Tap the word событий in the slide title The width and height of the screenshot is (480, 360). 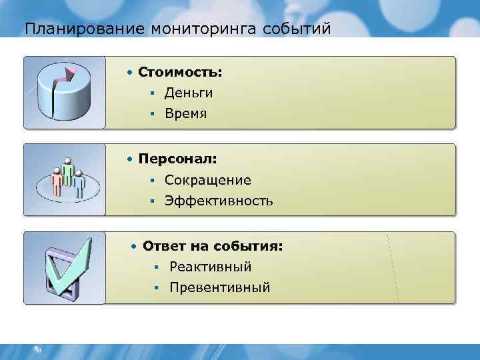[x=297, y=29]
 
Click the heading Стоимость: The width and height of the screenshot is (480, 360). [x=180, y=71]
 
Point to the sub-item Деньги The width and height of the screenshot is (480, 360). [x=189, y=93]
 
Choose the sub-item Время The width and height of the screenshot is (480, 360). [x=186, y=114]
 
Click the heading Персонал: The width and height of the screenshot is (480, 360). [x=179, y=159]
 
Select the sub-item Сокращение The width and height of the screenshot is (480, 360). [x=208, y=180]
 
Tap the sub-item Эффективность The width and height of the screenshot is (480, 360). [x=219, y=201]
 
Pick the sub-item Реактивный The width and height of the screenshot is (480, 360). [x=210, y=267]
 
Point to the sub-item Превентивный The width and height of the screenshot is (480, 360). [x=219, y=287]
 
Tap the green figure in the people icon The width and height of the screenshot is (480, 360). [x=67, y=169]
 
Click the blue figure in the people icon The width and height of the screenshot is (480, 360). [x=79, y=182]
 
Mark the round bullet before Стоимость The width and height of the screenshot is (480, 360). [x=132, y=71]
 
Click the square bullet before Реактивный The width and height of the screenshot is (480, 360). [x=153, y=267]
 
